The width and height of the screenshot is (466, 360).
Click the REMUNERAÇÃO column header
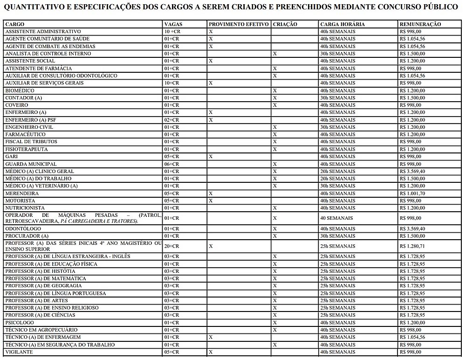[420, 24]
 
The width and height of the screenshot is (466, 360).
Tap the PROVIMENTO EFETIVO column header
[239, 24]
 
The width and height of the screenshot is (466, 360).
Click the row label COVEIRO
[17, 105]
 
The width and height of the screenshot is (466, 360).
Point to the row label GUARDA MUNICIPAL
[31, 164]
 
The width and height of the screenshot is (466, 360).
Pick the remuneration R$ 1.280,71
[413, 246]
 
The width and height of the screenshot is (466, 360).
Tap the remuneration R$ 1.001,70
[413, 194]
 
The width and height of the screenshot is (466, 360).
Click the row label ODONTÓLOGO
[23, 229]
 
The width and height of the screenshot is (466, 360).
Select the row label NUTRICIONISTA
[25, 208]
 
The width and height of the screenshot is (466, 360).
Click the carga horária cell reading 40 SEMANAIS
[336, 218]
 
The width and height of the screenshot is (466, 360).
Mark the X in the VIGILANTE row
[211, 352]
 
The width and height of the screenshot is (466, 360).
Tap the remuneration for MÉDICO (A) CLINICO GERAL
[413, 171]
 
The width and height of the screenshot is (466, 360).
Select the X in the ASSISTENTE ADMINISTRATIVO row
[211, 31]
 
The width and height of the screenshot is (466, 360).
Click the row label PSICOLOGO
[20, 323]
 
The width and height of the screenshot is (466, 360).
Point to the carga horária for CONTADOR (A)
[338, 98]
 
